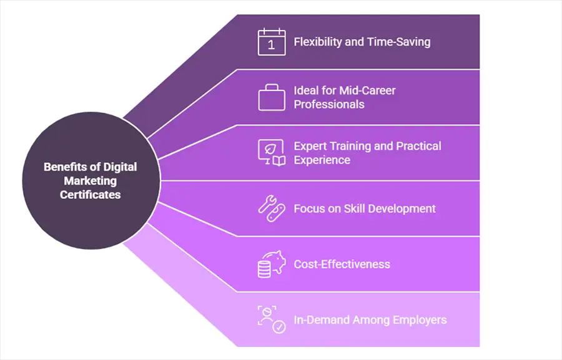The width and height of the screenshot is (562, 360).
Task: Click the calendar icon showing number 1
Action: [272, 42]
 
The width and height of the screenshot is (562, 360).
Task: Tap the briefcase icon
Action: [272, 97]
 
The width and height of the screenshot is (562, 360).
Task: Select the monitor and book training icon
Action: [272, 153]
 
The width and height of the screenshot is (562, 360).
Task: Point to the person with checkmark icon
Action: [272, 319]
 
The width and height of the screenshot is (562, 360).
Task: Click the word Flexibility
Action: [318, 42]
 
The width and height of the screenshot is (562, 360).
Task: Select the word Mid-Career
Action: [367, 90]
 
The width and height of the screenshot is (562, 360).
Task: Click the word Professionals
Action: [329, 104]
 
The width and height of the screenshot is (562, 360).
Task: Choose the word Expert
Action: [310, 146]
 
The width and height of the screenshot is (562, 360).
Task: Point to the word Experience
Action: [322, 160]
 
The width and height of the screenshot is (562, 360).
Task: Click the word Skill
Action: [353, 208]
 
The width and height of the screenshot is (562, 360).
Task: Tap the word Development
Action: [400, 209]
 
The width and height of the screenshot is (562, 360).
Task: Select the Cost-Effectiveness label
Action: [342, 265]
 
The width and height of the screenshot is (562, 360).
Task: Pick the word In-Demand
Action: [322, 319]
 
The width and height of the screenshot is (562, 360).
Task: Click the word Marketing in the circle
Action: [91, 181]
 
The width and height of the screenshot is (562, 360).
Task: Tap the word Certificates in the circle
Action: [91, 195]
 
